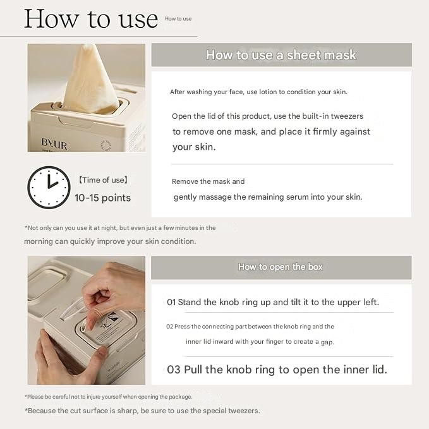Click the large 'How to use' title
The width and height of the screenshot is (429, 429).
coord(91,18)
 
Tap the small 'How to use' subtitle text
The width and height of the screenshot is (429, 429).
coord(178,18)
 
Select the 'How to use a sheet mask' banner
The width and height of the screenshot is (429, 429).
coord(282,55)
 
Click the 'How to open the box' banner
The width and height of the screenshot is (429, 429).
coord(281,267)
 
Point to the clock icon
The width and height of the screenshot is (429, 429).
coord(49,188)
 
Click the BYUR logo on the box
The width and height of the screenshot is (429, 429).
coord(54,143)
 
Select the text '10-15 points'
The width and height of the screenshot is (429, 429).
coord(102,198)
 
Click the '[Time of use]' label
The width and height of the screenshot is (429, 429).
coord(103,180)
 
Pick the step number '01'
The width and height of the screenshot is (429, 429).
coord(171,303)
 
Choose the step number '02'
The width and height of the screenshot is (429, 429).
coord(169,327)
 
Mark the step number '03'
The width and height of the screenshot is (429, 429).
coord(174,370)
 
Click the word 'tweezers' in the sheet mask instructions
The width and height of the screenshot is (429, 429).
coord(347,116)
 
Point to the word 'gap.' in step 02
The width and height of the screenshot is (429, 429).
coord(327,342)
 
